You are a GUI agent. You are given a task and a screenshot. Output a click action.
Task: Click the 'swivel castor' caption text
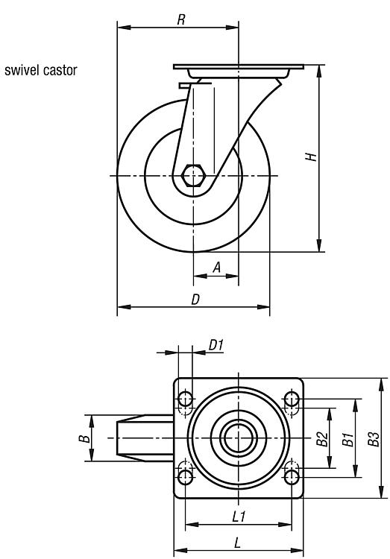pyautogui.click(x=41, y=70)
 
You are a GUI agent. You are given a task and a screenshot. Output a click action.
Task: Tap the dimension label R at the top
pyautogui.click(x=181, y=19)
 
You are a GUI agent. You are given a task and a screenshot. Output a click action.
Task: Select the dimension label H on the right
pyautogui.click(x=311, y=157)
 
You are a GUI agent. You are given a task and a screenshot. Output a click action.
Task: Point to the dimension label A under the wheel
pyautogui.click(x=216, y=267)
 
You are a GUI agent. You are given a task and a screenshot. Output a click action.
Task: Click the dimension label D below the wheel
pyautogui.click(x=195, y=300)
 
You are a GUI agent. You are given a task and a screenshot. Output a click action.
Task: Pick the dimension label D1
pyautogui.click(x=216, y=345)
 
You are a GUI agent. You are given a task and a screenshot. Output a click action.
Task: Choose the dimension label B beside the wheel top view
pyautogui.click(x=84, y=438)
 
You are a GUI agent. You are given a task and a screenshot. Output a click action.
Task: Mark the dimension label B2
pyautogui.click(x=322, y=438)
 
